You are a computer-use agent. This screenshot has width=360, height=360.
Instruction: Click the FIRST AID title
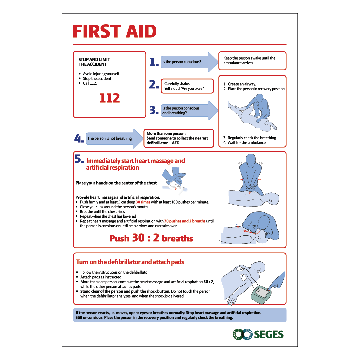pyautogui.click(x=115, y=31)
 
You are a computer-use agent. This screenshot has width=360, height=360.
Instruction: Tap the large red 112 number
pyautogui.click(x=110, y=98)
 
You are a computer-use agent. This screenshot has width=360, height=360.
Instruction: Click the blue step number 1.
pyautogui.click(x=154, y=62)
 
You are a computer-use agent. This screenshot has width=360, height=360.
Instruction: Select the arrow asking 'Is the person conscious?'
pyautogui.click(x=189, y=62)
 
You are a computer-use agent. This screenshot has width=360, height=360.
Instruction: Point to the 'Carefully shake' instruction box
pyautogui.click(x=187, y=86)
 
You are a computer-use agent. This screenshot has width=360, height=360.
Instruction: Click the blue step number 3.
pyautogui.click(x=154, y=110)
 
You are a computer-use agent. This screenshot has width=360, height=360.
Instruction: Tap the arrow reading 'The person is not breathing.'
pyautogui.click(x=114, y=138)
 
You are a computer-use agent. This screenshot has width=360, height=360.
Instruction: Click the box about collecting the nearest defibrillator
pyautogui.click(x=179, y=138)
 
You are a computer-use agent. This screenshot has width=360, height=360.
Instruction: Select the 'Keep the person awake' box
pyautogui.click(x=252, y=61)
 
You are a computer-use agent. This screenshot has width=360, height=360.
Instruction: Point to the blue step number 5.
pyautogui.click(x=79, y=159)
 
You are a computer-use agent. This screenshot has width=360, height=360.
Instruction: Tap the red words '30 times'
pyautogui.click(x=143, y=202)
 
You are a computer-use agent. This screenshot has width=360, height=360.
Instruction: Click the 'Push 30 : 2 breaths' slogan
pyautogui.click(x=151, y=238)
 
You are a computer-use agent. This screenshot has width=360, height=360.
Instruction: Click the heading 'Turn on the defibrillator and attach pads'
pyautogui.click(x=130, y=262)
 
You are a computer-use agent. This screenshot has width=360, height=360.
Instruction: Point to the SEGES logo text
pyautogui.click(x=269, y=334)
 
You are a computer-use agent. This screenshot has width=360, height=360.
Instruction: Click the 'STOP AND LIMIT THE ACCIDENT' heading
pyautogui.click(x=94, y=62)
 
